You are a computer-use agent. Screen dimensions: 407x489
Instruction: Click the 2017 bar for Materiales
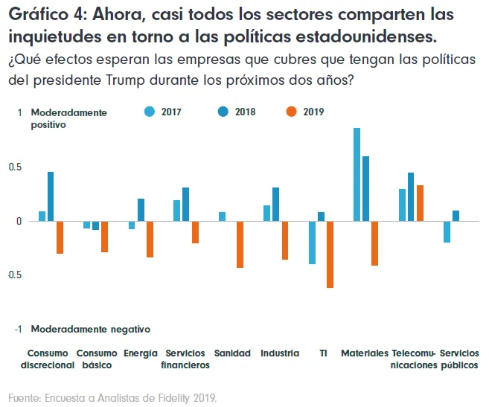coord(357,175)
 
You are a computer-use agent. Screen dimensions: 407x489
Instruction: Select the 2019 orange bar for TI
coord(330,254)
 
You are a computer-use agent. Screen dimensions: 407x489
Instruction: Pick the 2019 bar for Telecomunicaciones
coord(420,203)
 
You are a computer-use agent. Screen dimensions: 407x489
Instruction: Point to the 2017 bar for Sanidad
coord(222,217)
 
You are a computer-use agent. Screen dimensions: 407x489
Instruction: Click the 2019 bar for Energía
coord(150,239)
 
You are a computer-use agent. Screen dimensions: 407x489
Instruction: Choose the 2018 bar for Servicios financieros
coord(186,205)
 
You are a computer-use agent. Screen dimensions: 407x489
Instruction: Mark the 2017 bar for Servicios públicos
coord(447,231)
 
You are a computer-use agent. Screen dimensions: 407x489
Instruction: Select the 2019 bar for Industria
coord(284,240)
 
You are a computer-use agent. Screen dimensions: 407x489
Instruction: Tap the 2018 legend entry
coord(236,112)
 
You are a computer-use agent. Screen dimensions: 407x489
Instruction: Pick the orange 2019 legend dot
coord(291,112)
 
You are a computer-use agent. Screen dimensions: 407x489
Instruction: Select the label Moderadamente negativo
coord(90,328)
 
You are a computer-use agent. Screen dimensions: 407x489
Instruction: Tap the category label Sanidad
coord(232,353)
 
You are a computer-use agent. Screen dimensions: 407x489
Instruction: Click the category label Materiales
coord(364,353)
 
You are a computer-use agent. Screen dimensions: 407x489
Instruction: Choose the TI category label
coord(323,353)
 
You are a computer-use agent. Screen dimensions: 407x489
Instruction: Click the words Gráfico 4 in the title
coord(46,15)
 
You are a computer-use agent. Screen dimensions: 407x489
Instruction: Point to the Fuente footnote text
coord(113,397)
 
